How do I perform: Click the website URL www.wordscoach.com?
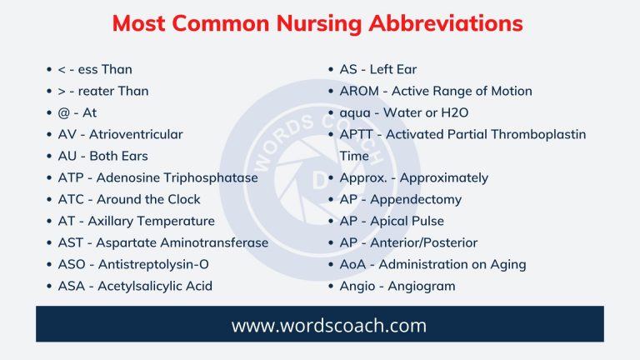[319, 325]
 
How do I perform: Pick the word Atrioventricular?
[136, 134]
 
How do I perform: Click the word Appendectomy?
[415, 199]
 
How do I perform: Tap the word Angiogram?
[417, 286]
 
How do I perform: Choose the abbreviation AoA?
[353, 264]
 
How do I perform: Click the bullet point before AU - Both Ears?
[51, 156]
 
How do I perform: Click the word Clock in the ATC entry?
[183, 199]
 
